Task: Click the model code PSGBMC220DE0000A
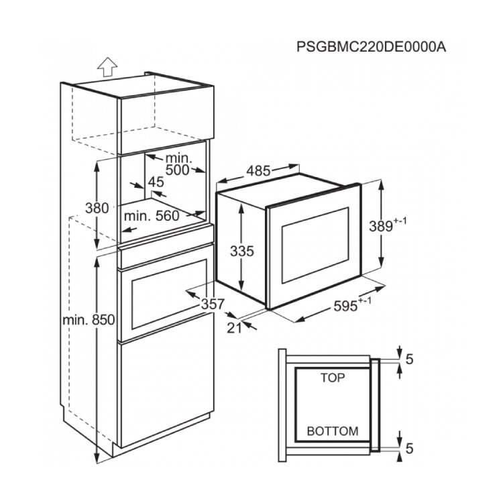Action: (x=371, y=47)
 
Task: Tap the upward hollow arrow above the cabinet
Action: (x=107, y=66)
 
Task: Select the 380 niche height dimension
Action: (x=97, y=208)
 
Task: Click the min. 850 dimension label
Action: (x=89, y=320)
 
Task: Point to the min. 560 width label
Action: (x=152, y=216)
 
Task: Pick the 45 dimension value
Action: (x=156, y=182)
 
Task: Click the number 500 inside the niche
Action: (x=178, y=170)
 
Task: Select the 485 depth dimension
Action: (x=259, y=171)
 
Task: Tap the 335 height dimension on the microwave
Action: (x=242, y=251)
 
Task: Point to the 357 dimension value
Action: (x=213, y=304)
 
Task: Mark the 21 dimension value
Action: (x=234, y=328)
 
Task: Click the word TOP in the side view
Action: (x=333, y=378)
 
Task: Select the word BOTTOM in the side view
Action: (x=333, y=431)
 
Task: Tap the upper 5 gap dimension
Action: (x=409, y=359)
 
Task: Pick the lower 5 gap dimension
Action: (x=409, y=449)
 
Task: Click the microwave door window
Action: (x=315, y=245)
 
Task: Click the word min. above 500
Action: (x=178, y=158)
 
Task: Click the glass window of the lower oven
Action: (x=169, y=294)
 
